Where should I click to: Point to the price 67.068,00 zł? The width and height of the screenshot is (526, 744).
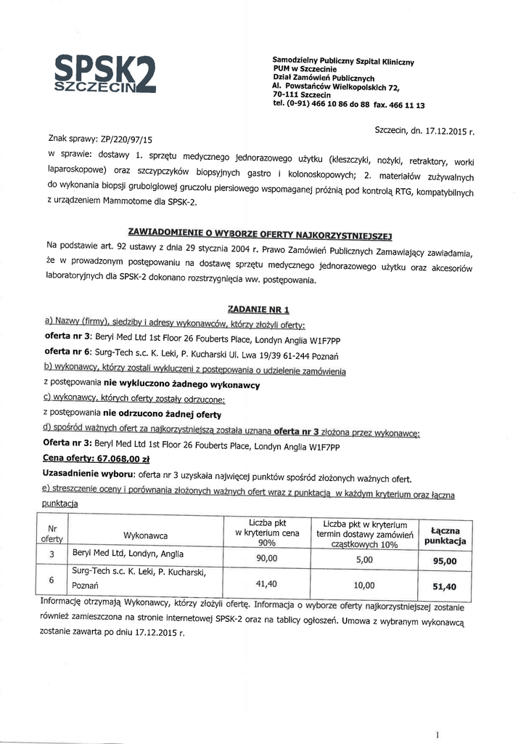coord(102,458)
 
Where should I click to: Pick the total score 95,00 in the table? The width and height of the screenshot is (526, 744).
coord(444,561)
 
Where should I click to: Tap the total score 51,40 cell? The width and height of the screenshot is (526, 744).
coord(444,586)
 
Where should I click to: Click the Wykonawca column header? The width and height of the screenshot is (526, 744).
coord(145,535)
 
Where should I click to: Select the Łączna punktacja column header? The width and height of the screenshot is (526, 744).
coord(444,536)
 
